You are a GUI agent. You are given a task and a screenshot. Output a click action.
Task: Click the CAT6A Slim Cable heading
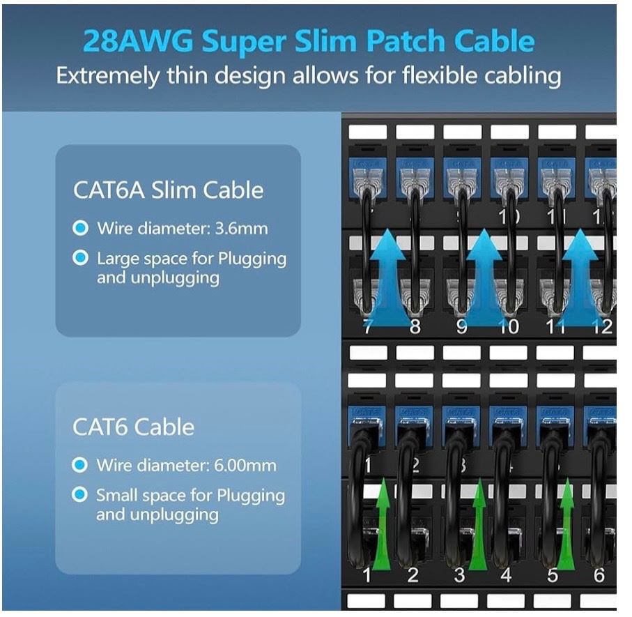click(x=168, y=190)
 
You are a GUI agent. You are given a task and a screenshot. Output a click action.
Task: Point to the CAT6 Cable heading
click(x=133, y=427)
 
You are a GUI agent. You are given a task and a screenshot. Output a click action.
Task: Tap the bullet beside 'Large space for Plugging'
click(x=81, y=259)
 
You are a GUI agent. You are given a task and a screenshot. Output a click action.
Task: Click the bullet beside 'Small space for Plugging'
click(x=81, y=496)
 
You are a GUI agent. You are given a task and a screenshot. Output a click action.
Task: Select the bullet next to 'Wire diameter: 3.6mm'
click(x=81, y=228)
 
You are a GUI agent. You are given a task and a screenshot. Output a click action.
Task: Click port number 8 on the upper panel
click(x=415, y=326)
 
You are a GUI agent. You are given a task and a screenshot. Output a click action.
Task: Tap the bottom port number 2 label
click(x=413, y=576)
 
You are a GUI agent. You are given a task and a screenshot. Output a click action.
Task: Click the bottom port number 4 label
click(x=507, y=576)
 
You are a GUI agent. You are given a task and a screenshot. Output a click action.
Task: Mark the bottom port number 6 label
click(x=598, y=576)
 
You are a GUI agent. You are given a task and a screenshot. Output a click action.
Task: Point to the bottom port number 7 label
click(x=367, y=326)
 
